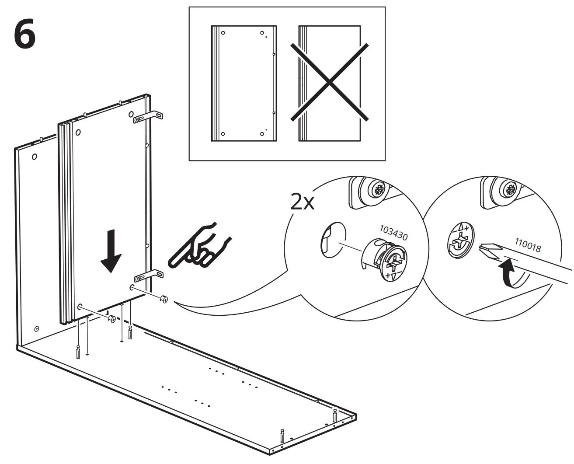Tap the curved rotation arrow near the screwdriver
click(x=508, y=274)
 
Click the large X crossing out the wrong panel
click(x=330, y=82)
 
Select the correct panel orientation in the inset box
click(x=243, y=83)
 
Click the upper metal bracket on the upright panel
click(x=149, y=117)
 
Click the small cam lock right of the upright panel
click(x=164, y=300)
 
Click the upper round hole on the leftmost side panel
click(x=34, y=156)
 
